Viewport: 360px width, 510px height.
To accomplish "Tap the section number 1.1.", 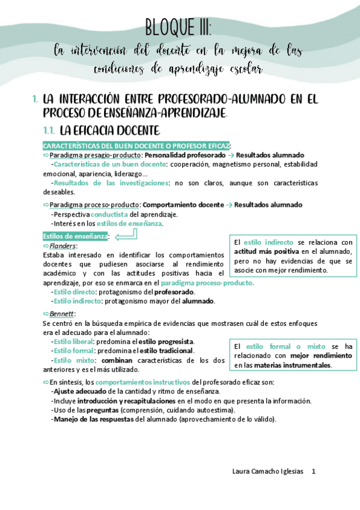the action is pyautogui.click(x=49, y=130).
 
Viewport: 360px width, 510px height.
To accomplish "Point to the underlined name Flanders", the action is pyautogui.click(x=63, y=246).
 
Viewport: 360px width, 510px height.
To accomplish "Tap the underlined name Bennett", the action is pyautogui.click(x=62, y=314).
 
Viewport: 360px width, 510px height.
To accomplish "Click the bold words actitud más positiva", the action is pyautogui.click(x=267, y=251).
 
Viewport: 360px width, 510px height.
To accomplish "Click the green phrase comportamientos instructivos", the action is pyautogui.click(x=143, y=382).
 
